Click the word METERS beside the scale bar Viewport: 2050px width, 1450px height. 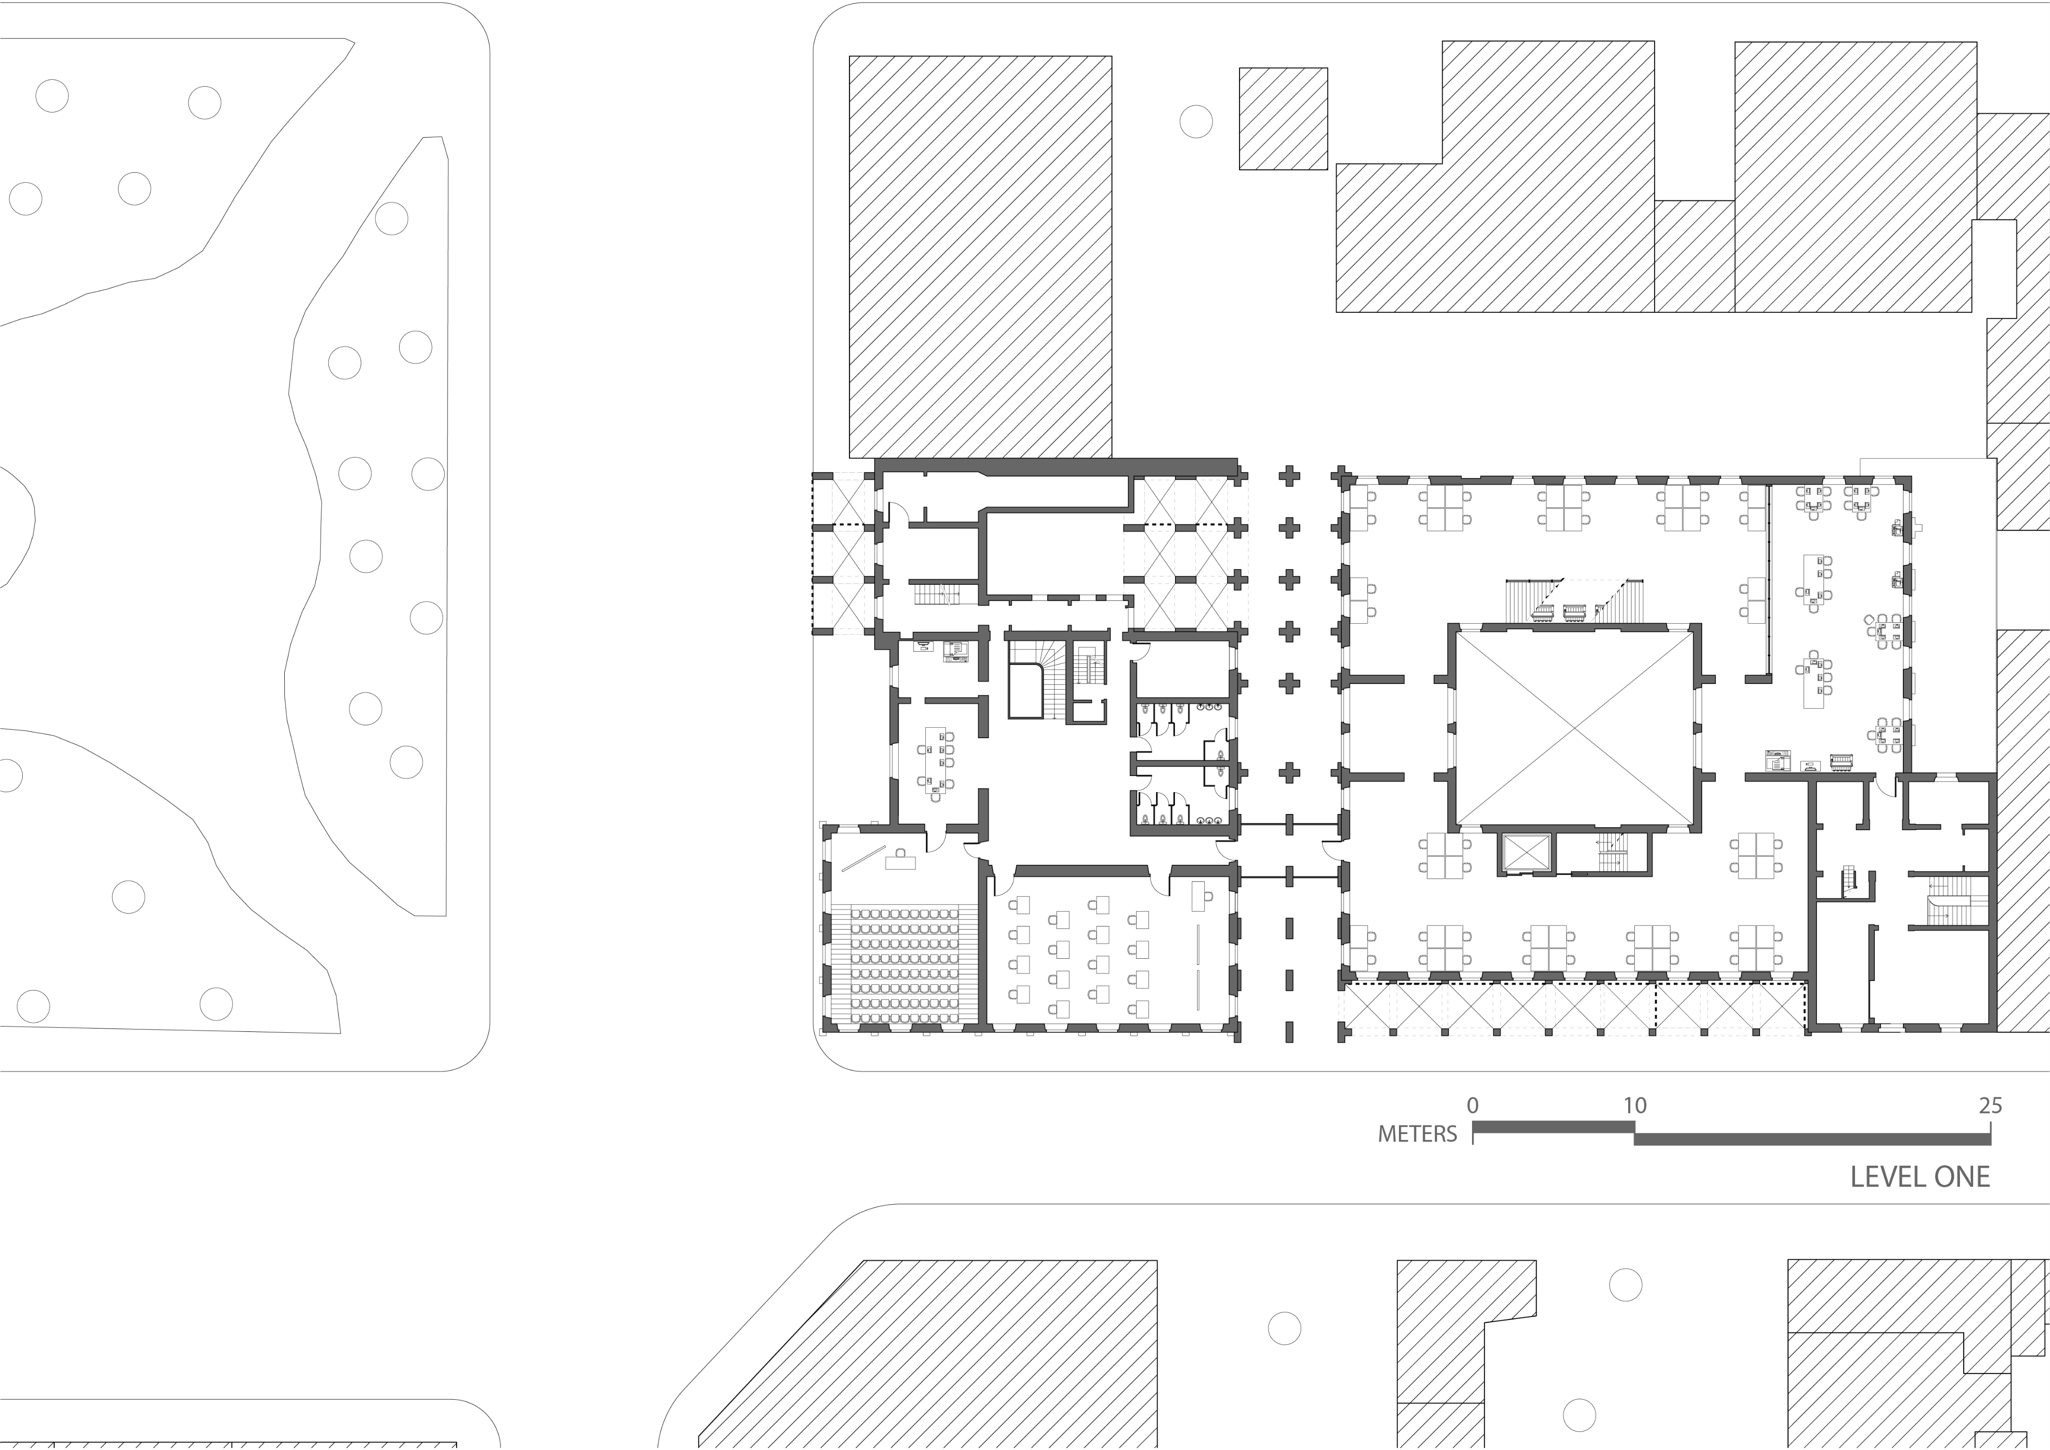(1417, 1134)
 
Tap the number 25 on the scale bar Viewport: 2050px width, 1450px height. (1990, 1105)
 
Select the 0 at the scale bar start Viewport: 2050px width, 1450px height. (1472, 1105)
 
